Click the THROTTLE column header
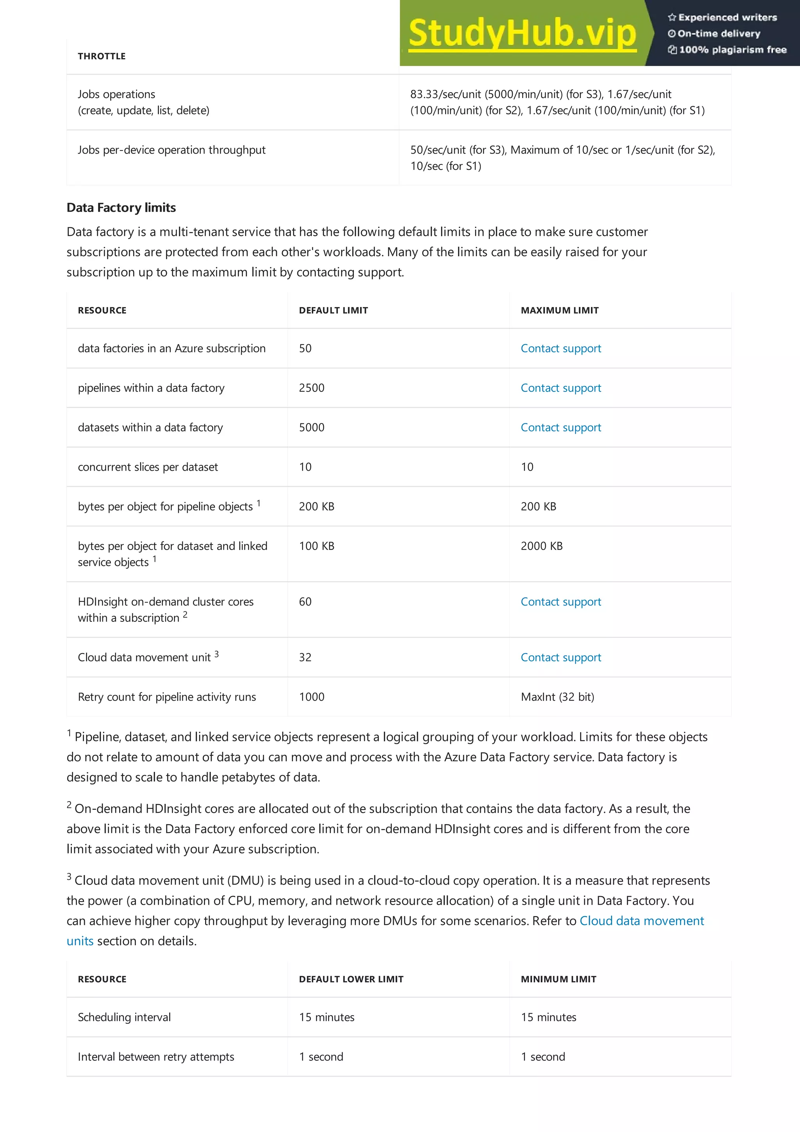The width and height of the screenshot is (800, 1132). tap(102, 56)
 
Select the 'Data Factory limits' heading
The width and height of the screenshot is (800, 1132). tap(121, 207)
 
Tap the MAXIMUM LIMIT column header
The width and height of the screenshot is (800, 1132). tap(559, 311)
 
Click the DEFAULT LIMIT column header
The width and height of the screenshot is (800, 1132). tap(333, 311)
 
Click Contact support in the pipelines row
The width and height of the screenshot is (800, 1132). tap(561, 388)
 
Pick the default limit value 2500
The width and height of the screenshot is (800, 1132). tap(311, 388)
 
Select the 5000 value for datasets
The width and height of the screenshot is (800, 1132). tap(311, 427)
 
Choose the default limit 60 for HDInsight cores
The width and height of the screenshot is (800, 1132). tap(305, 602)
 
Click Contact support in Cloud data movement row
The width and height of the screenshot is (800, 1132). tap(561, 658)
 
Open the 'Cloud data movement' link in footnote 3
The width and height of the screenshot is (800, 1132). tap(642, 921)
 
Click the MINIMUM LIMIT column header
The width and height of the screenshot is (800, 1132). tap(559, 979)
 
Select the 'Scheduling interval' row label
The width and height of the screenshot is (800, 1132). tap(124, 1017)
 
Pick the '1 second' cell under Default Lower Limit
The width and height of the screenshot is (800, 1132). tap(321, 1057)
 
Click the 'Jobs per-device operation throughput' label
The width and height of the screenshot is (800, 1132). tap(171, 150)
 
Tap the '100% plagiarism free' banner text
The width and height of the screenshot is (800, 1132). tap(732, 50)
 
